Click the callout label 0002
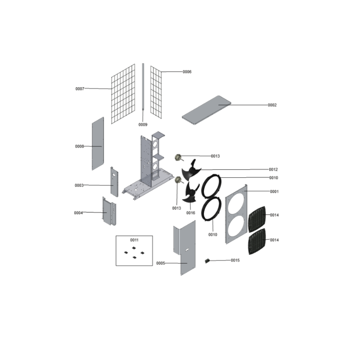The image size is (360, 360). (x=272, y=105)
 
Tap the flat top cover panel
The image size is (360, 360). (x=207, y=110)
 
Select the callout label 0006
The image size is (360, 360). (x=187, y=72)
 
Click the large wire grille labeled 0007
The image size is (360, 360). (x=123, y=94)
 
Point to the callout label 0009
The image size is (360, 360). (x=143, y=125)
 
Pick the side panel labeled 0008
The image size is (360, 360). (x=98, y=144)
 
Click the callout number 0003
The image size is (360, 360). (x=79, y=185)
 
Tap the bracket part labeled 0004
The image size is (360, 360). (x=109, y=211)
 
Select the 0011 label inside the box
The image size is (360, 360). (x=134, y=240)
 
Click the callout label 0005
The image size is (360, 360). (x=161, y=263)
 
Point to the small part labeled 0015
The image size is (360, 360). (x=207, y=261)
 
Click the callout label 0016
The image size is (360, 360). (x=190, y=213)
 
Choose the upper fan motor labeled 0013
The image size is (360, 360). (x=178, y=158)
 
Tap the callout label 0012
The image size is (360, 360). (x=273, y=170)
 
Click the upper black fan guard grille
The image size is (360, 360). (x=257, y=219)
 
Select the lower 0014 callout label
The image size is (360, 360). (x=274, y=240)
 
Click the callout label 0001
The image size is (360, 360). (x=274, y=192)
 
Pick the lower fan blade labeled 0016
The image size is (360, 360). (x=190, y=193)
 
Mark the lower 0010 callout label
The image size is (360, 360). (x=212, y=234)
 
